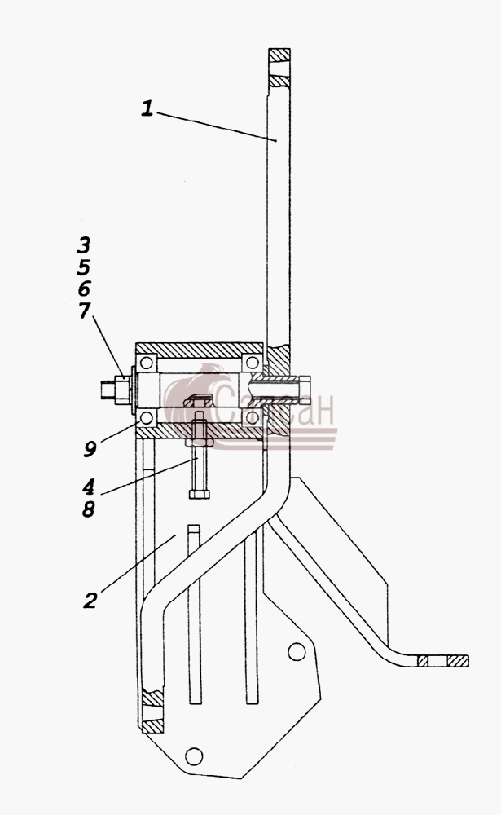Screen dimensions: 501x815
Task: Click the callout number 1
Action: click(147, 108)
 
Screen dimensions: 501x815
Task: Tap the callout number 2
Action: click(90, 601)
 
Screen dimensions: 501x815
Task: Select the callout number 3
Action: click(83, 244)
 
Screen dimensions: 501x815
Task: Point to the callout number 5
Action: click(83, 267)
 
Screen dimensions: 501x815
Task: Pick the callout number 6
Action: click(84, 289)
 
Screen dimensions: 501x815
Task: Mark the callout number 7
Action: click(84, 311)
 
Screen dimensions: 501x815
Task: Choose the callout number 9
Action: click(90, 448)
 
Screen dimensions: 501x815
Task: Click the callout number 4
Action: click(88, 487)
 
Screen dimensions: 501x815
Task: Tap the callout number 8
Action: click(88, 509)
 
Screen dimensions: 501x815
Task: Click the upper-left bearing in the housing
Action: click(147, 363)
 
